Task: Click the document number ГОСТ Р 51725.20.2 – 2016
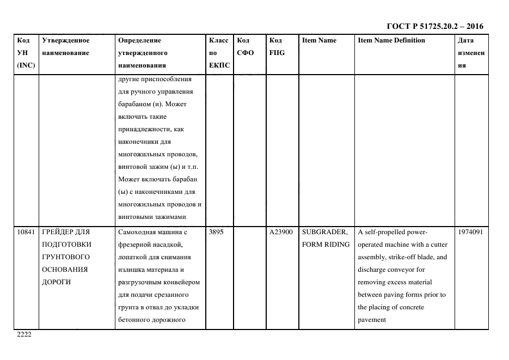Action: click(x=434, y=26)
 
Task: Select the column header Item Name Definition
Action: click(x=391, y=40)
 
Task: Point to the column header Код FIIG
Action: click(x=277, y=47)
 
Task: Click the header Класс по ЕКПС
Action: click(x=219, y=53)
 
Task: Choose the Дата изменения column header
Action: click(x=471, y=53)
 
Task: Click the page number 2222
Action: click(x=24, y=334)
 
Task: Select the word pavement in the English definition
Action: click(x=372, y=320)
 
